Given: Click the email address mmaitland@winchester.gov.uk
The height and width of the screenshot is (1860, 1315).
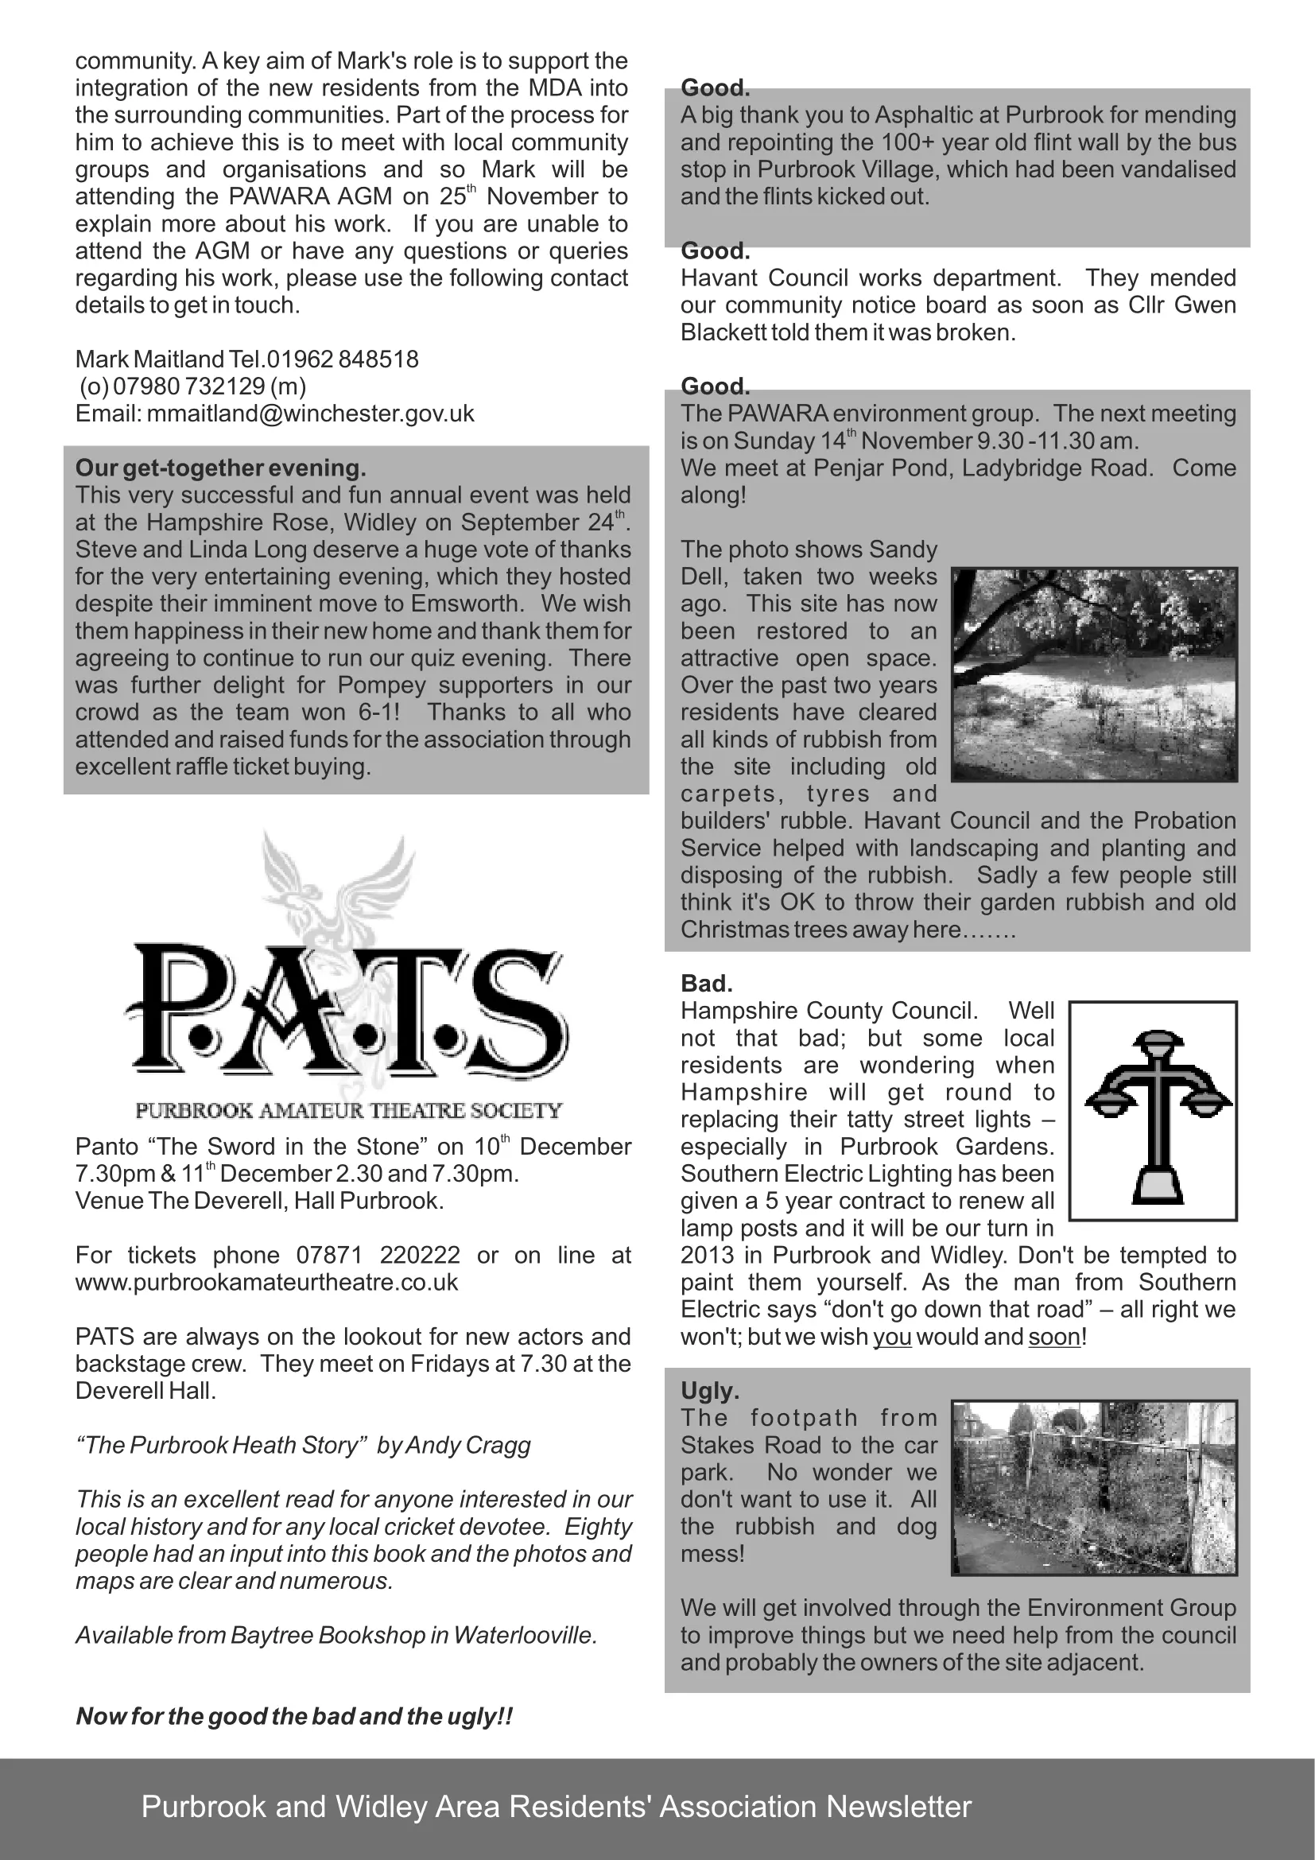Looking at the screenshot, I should [x=311, y=414].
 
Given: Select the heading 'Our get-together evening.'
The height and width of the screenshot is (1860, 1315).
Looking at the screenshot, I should [x=220, y=468].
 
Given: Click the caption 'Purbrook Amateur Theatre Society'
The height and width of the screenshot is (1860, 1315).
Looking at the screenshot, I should [x=349, y=1111].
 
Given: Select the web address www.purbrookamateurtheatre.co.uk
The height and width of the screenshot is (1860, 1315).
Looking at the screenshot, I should [x=266, y=1283].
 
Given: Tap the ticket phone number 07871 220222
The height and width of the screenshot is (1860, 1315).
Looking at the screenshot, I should [x=378, y=1255].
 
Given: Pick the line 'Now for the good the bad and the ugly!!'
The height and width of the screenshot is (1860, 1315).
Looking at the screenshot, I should [x=294, y=1717].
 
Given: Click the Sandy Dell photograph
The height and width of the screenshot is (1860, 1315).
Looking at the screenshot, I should [x=1094, y=674].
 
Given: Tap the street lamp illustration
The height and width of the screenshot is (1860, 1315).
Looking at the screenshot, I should [x=1153, y=1111].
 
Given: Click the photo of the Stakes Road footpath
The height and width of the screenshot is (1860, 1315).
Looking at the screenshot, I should [x=1094, y=1487].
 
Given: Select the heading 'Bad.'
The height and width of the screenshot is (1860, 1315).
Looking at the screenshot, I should [x=706, y=984].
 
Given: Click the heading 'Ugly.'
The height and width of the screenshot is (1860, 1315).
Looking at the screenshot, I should [x=709, y=1391].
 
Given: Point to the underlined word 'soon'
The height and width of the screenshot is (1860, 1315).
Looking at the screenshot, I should [x=1054, y=1337].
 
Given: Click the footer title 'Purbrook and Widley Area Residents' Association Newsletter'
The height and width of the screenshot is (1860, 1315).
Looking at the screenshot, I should [x=557, y=1807].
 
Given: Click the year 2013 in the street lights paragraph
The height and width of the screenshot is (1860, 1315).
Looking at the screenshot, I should [x=709, y=1255].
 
